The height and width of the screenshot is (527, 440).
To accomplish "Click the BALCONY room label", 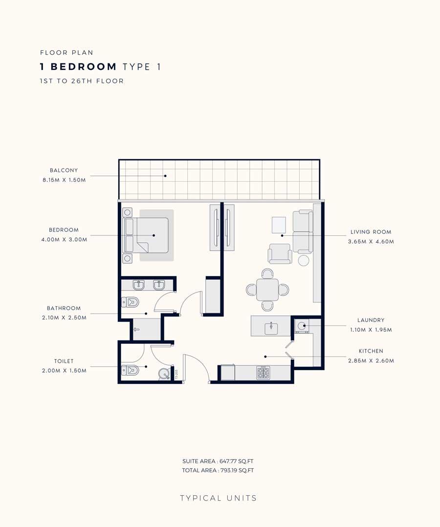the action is pyautogui.click(x=64, y=170).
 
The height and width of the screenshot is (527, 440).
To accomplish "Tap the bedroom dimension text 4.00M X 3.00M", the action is pyautogui.click(x=64, y=240).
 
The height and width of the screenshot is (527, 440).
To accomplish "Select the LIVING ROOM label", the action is pyautogui.click(x=371, y=232).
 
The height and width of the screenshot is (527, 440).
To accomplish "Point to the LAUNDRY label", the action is pyautogui.click(x=371, y=320).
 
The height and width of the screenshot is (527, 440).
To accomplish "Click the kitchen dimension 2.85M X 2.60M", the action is pyautogui.click(x=371, y=360).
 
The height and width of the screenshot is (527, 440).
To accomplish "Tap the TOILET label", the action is pyautogui.click(x=64, y=361).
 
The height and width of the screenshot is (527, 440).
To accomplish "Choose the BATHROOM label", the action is pyautogui.click(x=64, y=308).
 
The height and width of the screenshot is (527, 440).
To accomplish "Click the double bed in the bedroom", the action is pyautogui.click(x=146, y=235).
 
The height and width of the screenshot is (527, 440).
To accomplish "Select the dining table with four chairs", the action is pyautogui.click(x=267, y=290).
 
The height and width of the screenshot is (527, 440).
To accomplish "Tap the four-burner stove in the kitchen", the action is pyautogui.click(x=263, y=372).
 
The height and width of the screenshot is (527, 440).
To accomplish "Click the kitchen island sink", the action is pyautogui.click(x=271, y=328).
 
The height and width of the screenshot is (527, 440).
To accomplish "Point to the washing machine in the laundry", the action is pyautogui.click(x=302, y=326).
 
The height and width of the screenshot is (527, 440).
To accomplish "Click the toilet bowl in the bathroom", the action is pyautogui.click(x=130, y=302).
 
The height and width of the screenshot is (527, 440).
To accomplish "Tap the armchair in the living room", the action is pyautogui.click(x=280, y=253).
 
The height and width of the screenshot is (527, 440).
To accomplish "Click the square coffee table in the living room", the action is pyautogui.click(x=279, y=225).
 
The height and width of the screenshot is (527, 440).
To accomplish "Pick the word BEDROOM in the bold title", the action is pyautogui.click(x=84, y=66).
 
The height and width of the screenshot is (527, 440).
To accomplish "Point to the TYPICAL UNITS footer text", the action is pyautogui.click(x=219, y=498).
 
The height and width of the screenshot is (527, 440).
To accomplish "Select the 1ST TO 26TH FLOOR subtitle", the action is pyautogui.click(x=82, y=81).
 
